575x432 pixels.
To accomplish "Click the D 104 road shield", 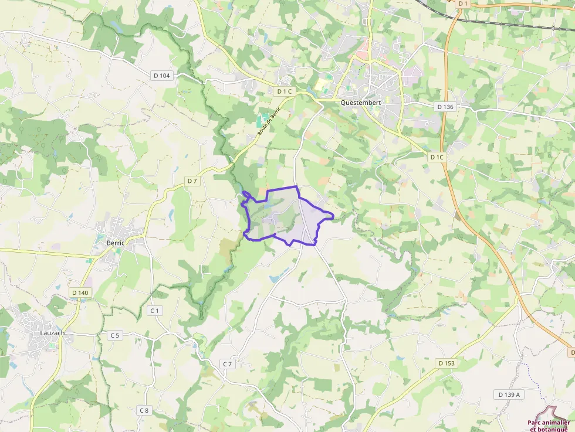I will [161, 75].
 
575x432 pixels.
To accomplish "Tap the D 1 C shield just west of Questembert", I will [283, 91].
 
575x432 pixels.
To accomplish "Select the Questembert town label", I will [361, 102].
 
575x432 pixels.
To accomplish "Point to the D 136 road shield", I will [446, 107].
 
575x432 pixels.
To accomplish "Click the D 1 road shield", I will [463, 4].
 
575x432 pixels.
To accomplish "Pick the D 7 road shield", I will [192, 181].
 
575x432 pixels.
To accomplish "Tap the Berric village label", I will [115, 243].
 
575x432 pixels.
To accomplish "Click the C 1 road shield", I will [155, 310].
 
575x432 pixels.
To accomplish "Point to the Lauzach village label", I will [53, 333].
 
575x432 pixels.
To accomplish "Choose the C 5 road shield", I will [114, 335].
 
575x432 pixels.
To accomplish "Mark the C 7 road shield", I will [228, 364].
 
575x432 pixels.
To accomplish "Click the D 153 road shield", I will [447, 363].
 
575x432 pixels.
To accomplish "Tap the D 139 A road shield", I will [509, 394].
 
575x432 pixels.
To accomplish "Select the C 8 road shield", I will [144, 410].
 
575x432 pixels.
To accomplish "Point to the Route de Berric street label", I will [269, 121].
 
